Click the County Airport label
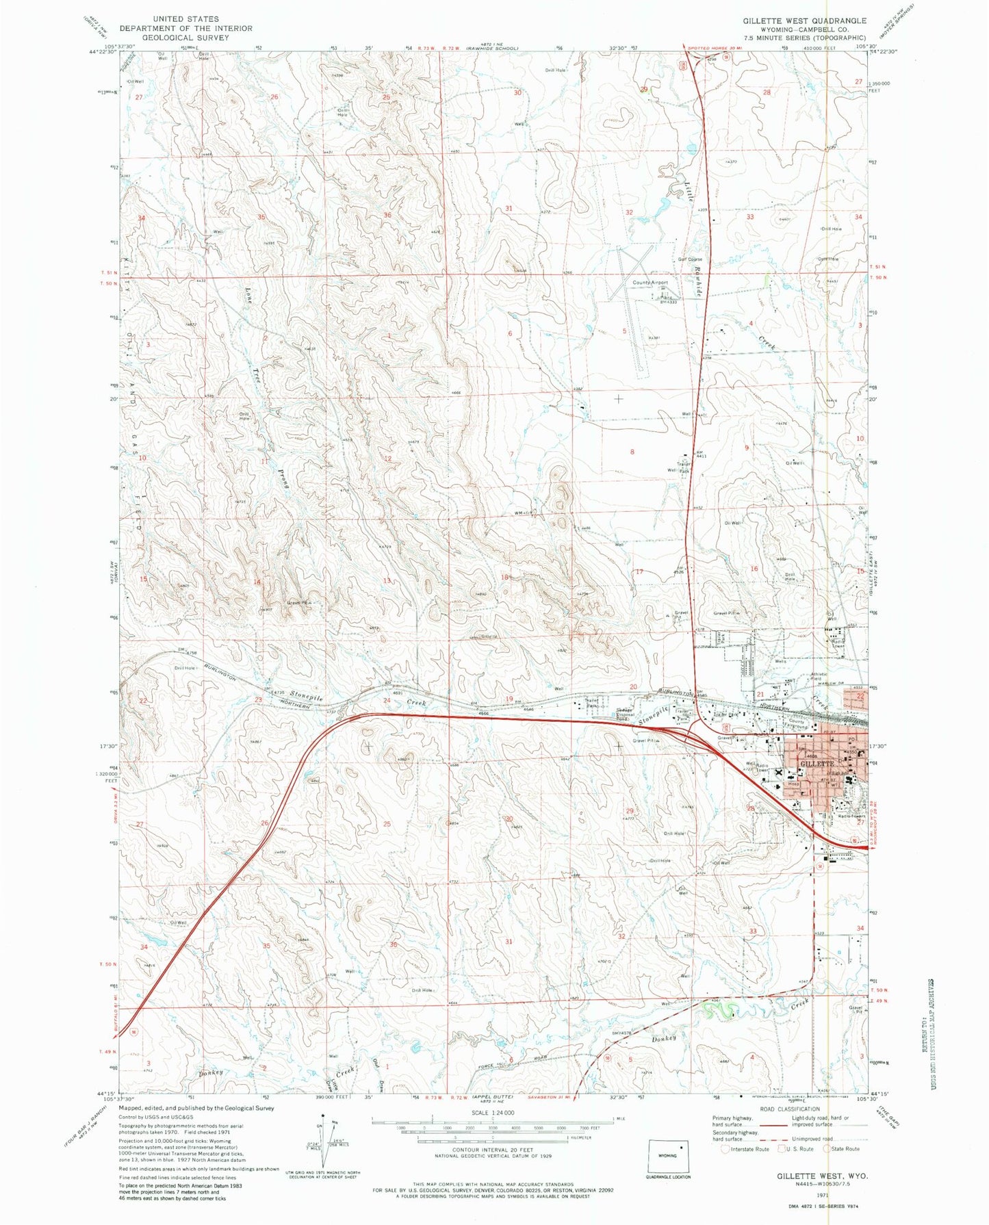click(x=650, y=283)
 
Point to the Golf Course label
click(x=689, y=259)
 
